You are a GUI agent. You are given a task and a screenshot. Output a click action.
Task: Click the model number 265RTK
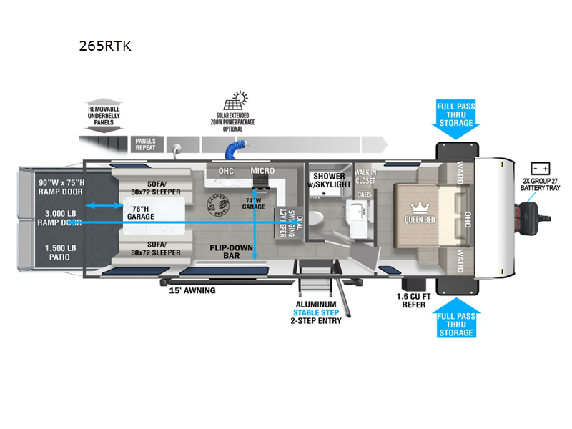click(106, 46)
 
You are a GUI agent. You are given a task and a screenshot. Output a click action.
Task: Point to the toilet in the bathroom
click(321, 217)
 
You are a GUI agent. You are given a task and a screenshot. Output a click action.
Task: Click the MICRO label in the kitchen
click(262, 171)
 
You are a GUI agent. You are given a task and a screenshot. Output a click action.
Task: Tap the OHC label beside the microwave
click(225, 171)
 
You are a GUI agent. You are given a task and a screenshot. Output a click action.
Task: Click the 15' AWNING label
click(191, 290)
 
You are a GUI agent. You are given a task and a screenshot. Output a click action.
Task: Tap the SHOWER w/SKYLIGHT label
click(330, 180)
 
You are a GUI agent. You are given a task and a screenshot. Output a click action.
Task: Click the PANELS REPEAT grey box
click(145, 144)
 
